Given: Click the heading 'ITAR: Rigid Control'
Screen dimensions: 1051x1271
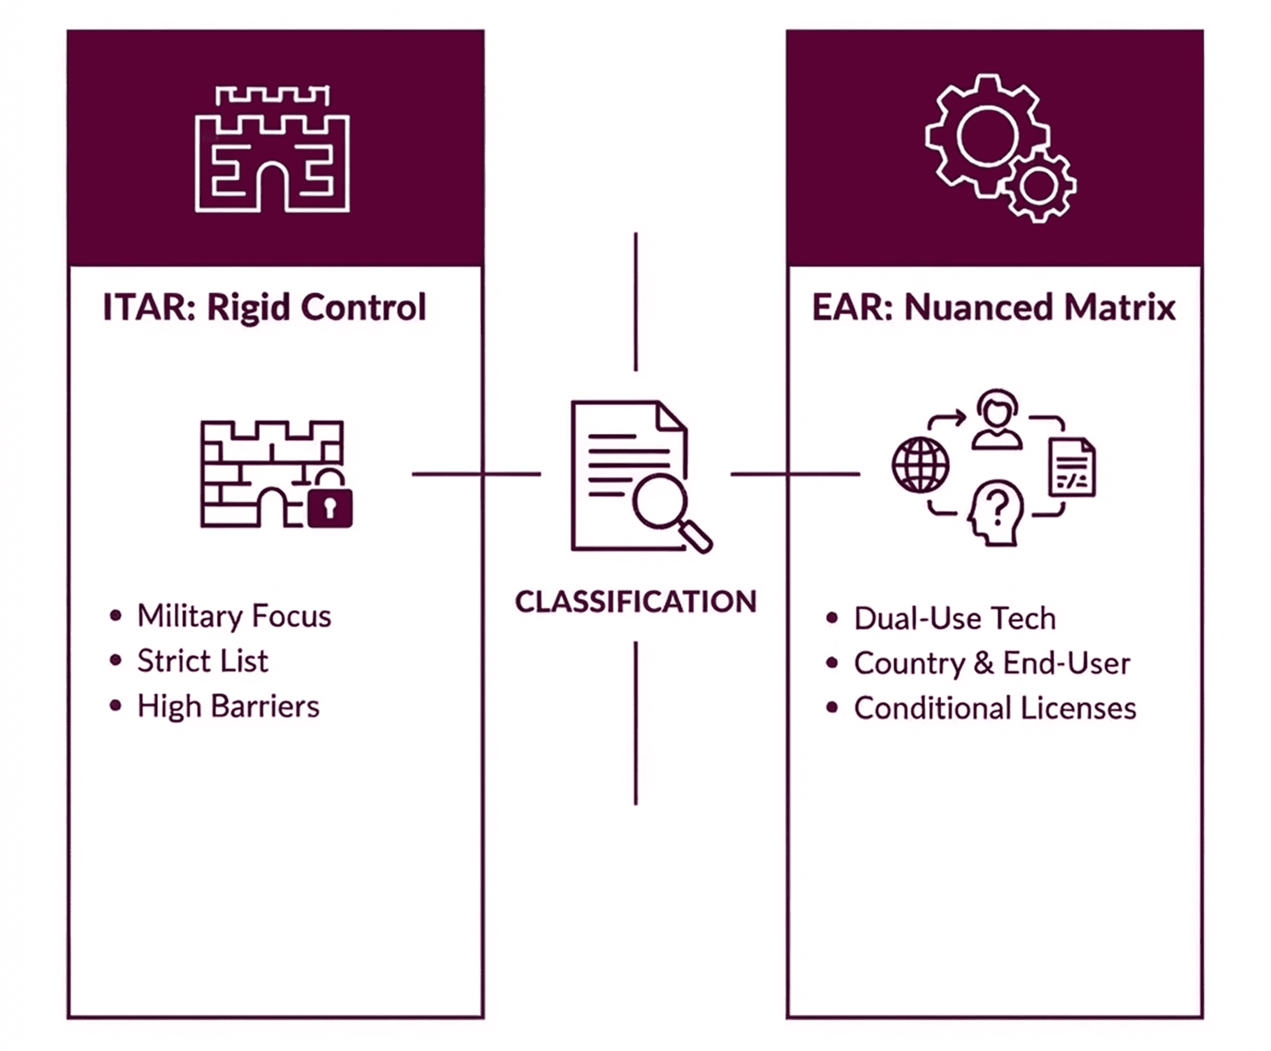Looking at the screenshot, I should point(264,308).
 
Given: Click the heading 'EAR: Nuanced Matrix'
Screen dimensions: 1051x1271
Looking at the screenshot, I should point(994,308).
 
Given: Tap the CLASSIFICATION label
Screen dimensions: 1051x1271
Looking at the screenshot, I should point(635,602).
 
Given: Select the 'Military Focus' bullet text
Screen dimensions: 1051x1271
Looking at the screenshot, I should point(234,616).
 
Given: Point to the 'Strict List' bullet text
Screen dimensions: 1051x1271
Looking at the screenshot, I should point(202,661).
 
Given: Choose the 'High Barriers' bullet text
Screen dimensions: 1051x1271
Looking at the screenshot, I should point(228,706).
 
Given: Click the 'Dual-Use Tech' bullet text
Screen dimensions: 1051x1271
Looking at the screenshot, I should point(954,618).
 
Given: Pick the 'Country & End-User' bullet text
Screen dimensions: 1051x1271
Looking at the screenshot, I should point(992,663).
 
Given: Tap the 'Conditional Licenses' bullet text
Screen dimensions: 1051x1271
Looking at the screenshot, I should point(995,709).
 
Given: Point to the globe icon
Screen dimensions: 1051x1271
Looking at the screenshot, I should point(920,465).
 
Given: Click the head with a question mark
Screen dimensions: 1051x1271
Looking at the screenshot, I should point(995,514).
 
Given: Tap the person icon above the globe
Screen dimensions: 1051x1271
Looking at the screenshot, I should point(996,419).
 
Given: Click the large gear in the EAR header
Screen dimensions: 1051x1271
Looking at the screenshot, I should point(986,136).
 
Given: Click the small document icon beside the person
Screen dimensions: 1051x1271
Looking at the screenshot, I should point(1072,468).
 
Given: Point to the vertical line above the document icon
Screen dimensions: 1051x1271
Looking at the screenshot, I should point(635,302).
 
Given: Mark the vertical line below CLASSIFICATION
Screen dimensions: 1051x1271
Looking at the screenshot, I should point(635,723).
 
